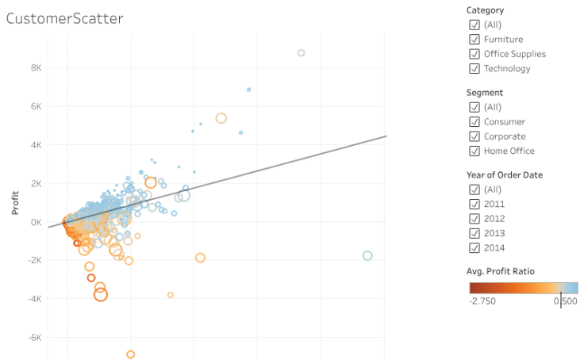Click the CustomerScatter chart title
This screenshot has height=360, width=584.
click(65, 18)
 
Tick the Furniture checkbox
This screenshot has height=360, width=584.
click(474, 40)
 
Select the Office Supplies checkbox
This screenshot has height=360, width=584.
click(474, 54)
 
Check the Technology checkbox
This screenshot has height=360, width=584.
click(474, 69)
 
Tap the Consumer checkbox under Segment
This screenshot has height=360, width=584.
click(474, 122)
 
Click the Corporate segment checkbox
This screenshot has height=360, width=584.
click(474, 136)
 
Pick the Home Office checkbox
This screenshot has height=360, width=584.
click(474, 151)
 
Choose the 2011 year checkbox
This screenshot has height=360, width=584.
click(474, 204)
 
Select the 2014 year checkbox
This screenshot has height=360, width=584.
click(474, 247)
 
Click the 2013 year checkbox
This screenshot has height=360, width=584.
click(474, 233)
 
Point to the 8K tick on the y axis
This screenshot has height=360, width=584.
click(35, 67)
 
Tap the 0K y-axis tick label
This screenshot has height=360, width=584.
click(35, 222)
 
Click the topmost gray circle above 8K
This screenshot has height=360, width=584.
click(301, 53)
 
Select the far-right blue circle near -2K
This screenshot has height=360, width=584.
click(367, 255)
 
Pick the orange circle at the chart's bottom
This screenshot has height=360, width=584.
click(131, 354)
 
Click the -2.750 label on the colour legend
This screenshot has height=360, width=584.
click(482, 301)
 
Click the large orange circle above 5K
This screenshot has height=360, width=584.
click(221, 118)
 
